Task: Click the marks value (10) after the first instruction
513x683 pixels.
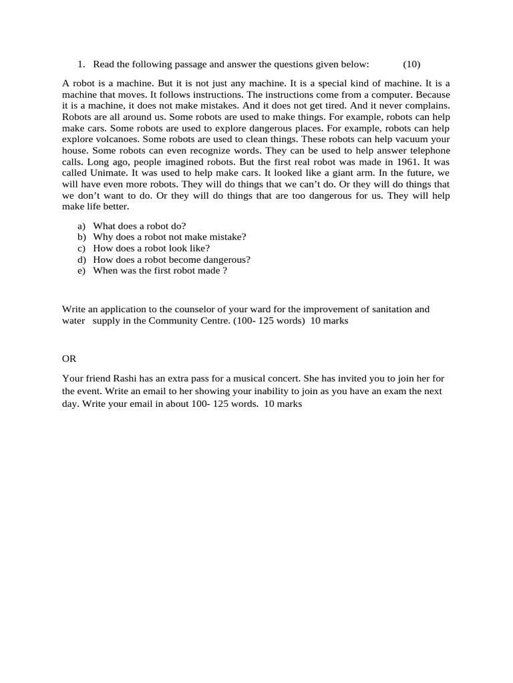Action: (411, 64)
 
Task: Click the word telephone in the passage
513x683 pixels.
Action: (427, 151)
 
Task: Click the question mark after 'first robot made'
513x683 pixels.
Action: (225, 271)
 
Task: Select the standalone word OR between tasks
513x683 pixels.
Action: (69, 359)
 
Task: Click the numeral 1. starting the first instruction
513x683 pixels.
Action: (81, 64)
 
